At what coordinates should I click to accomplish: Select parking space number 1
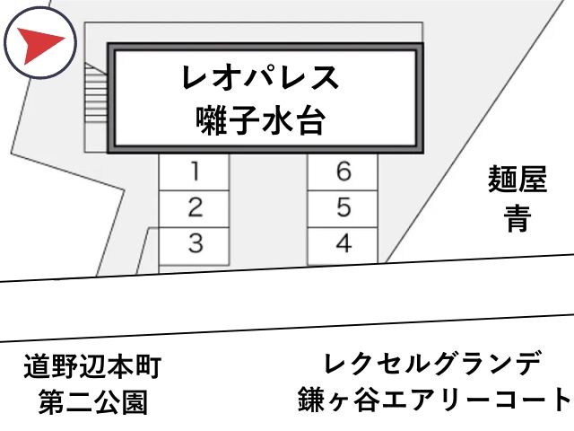click(194, 172)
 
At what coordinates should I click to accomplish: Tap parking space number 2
click(194, 209)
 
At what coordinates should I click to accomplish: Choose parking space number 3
click(194, 246)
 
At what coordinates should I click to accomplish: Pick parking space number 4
click(343, 245)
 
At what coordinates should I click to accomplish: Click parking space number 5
click(343, 209)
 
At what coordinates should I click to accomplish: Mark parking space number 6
click(343, 172)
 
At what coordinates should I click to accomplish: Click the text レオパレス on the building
click(260, 77)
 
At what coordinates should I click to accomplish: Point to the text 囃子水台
click(260, 120)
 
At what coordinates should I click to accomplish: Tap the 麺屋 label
click(517, 179)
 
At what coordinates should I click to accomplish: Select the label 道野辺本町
click(92, 366)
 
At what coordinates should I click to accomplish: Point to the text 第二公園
click(93, 402)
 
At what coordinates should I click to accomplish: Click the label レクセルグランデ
click(433, 363)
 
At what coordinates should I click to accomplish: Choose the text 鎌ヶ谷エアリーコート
click(435, 400)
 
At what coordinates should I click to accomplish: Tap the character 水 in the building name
click(276, 120)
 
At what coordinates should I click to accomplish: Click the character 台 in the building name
click(310, 120)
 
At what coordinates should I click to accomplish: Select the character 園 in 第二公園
click(135, 402)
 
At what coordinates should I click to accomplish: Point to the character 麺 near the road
click(502, 179)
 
